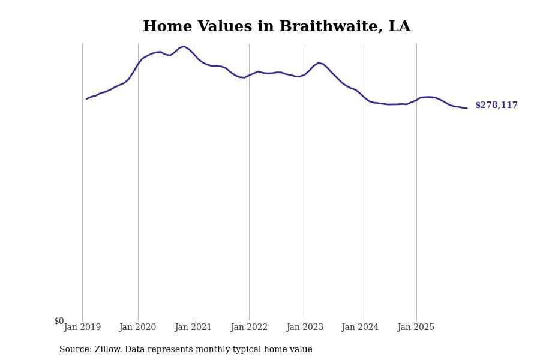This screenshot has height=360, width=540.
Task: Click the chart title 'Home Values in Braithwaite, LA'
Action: tap(276, 27)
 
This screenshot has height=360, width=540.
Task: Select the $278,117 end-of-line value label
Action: tap(496, 106)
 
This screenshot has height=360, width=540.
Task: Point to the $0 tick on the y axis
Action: tap(59, 322)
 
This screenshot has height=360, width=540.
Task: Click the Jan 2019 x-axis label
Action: tap(82, 328)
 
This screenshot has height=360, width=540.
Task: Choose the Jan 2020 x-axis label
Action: tap(137, 328)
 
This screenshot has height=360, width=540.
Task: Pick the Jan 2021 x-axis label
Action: tap(193, 328)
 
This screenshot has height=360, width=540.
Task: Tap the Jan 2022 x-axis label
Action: tap(249, 328)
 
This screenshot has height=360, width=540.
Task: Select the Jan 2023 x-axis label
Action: tap(305, 328)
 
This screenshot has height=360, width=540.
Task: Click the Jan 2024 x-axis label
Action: tap(360, 328)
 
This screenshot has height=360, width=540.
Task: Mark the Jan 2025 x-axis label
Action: tap(416, 328)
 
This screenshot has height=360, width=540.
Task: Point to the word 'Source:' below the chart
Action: tap(76, 350)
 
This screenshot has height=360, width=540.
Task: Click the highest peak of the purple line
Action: tap(184, 46)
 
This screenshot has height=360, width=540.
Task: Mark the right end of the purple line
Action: tap(467, 108)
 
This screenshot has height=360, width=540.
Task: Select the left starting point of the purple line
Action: tap(86, 99)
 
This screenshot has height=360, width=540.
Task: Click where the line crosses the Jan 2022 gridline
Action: tap(249, 75)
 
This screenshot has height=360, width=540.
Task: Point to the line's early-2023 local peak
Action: tap(319, 62)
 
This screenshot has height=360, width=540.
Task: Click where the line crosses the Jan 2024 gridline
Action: tap(361, 94)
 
